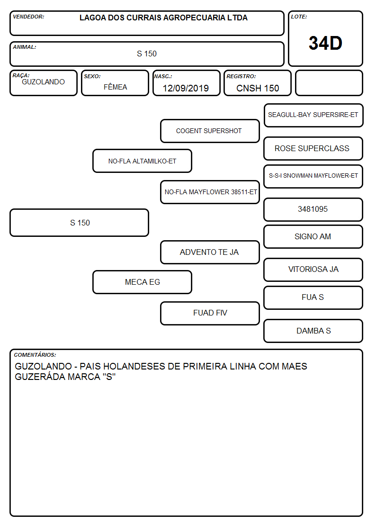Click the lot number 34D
coord(325,43)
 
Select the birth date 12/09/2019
coord(186,88)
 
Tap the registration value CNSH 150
coord(258,88)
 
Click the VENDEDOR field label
coord(28,17)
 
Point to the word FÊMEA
coord(115,87)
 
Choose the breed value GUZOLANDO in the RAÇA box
coord(43,82)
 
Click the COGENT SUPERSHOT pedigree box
coord(210,131)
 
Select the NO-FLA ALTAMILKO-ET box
coord(143,161)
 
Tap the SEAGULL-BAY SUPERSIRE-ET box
coord(313,116)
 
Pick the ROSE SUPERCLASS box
coord(313,149)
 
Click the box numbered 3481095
coord(313,210)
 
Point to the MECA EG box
coord(143,282)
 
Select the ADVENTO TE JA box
coord(210,252)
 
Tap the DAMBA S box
coord(313,331)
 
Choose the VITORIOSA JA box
coord(313,270)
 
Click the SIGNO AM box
coord(313,237)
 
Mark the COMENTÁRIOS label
coord(35,355)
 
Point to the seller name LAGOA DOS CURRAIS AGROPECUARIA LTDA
coord(163,18)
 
